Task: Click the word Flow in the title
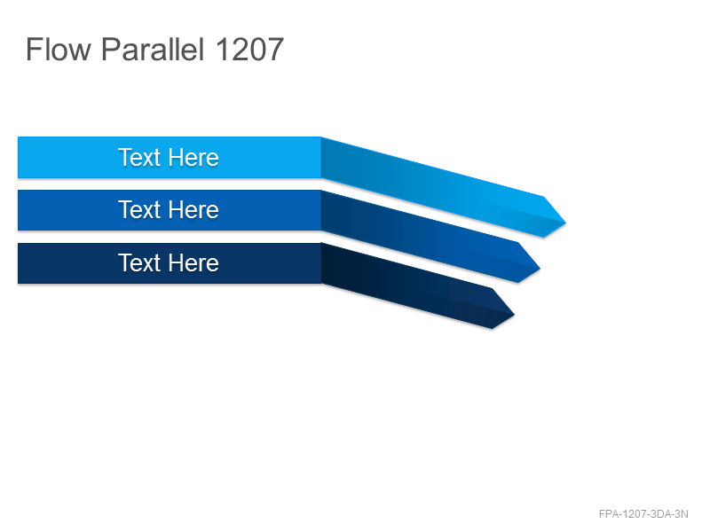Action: pos(59,50)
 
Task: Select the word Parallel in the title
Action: pos(153,49)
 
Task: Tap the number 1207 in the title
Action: pos(249,50)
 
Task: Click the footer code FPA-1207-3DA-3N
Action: pos(643,514)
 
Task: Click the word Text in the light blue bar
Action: pos(139,158)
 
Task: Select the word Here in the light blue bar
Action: pos(193,158)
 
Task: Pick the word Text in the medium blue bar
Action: pos(139,210)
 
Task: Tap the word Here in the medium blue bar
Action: pos(193,210)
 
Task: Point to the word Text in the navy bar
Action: pos(139,262)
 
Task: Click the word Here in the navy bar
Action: pos(193,262)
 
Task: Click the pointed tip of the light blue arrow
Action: pos(565,223)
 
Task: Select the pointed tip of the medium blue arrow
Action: pos(540,269)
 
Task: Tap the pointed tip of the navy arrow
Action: pos(514,315)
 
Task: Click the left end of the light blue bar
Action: pos(19,158)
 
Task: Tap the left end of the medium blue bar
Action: pos(19,210)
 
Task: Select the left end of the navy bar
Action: pos(19,263)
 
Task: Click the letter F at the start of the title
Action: pos(34,50)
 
